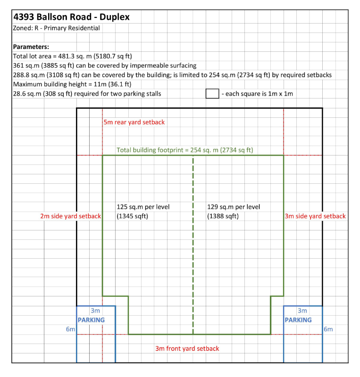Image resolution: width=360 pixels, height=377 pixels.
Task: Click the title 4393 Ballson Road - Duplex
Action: point(72,17)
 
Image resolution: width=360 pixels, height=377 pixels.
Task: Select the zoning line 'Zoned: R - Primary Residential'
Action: point(56,28)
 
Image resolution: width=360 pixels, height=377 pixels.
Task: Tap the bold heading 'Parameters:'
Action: point(31,47)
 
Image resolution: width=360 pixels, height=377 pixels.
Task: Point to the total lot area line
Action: point(73,56)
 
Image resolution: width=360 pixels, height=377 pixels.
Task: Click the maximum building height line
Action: point(72,84)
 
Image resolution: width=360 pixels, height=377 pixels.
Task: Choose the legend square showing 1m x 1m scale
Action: point(212,93)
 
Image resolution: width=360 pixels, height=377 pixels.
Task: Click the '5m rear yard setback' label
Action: point(134,122)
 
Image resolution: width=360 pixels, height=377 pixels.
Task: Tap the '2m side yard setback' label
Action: point(71,216)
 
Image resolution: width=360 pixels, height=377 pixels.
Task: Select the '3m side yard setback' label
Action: point(315,216)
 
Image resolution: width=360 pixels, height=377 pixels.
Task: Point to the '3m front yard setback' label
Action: point(187,349)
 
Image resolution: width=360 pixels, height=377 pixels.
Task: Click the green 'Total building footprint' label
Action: point(185,150)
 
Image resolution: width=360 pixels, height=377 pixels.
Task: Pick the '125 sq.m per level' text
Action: point(143,207)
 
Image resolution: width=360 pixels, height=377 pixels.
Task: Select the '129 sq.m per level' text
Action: point(234,207)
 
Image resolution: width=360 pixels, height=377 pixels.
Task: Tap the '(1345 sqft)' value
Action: point(133,216)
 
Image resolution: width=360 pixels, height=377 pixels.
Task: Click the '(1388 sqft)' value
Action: point(223,216)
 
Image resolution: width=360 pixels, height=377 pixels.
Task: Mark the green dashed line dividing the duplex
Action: point(193,245)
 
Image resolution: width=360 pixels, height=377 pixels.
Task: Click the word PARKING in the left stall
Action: point(91,320)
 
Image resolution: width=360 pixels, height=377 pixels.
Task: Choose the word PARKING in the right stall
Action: point(298,320)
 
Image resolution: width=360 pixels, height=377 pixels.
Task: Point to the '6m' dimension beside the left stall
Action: point(71,329)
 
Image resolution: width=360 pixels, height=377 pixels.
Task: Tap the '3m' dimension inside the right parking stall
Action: point(302,311)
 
